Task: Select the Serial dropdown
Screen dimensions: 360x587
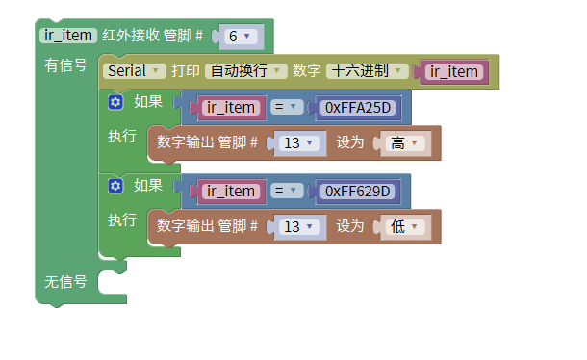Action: [132, 70]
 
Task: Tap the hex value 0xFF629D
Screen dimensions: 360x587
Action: [356, 191]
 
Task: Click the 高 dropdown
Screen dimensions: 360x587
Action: [403, 142]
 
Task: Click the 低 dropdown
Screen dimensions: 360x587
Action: [403, 226]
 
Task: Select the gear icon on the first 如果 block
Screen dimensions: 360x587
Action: [116, 101]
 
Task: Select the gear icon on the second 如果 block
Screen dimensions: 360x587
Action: [116, 185]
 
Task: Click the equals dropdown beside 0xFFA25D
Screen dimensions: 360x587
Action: [288, 107]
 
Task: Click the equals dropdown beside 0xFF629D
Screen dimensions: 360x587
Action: [288, 191]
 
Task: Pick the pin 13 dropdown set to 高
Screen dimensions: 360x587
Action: [298, 142]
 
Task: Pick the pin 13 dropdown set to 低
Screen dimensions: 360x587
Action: [298, 226]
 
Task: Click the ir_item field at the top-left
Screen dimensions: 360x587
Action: [68, 36]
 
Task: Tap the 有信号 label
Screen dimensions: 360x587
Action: [65, 65]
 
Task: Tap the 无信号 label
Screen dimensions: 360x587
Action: [65, 282]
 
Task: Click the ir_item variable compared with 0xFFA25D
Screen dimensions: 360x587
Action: [231, 107]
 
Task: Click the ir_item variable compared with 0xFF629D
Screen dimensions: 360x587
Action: [231, 191]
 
